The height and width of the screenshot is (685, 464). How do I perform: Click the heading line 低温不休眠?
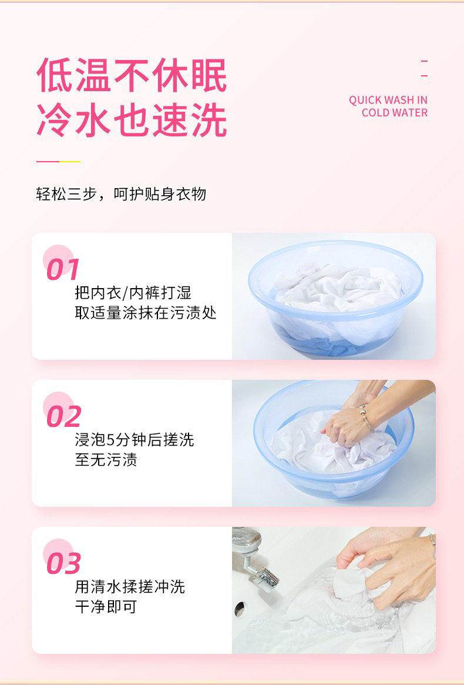click(x=132, y=75)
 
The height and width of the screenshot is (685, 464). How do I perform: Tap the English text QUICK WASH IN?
click(x=388, y=100)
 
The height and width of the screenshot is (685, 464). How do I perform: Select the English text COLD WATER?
click(x=395, y=113)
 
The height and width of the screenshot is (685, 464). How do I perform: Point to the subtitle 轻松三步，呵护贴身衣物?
click(x=121, y=194)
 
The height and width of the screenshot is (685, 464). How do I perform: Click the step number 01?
click(x=63, y=269)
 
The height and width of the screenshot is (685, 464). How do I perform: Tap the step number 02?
click(x=64, y=416)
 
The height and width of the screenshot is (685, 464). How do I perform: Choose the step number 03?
click(x=64, y=563)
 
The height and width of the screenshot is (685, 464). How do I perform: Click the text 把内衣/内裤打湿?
click(x=133, y=293)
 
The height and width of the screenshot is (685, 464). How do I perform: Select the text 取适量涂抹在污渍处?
click(x=145, y=313)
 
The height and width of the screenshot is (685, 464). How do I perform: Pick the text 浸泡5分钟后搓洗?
click(x=134, y=439)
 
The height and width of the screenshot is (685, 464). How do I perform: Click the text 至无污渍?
click(x=106, y=460)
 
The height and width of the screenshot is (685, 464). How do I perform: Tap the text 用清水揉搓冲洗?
click(x=130, y=587)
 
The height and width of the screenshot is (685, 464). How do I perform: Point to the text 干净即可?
click(x=106, y=607)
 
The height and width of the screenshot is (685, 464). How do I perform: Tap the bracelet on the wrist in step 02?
click(x=367, y=418)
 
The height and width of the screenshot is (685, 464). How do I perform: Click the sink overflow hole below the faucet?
click(x=239, y=609)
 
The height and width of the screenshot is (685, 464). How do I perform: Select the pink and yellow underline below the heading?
click(x=59, y=161)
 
